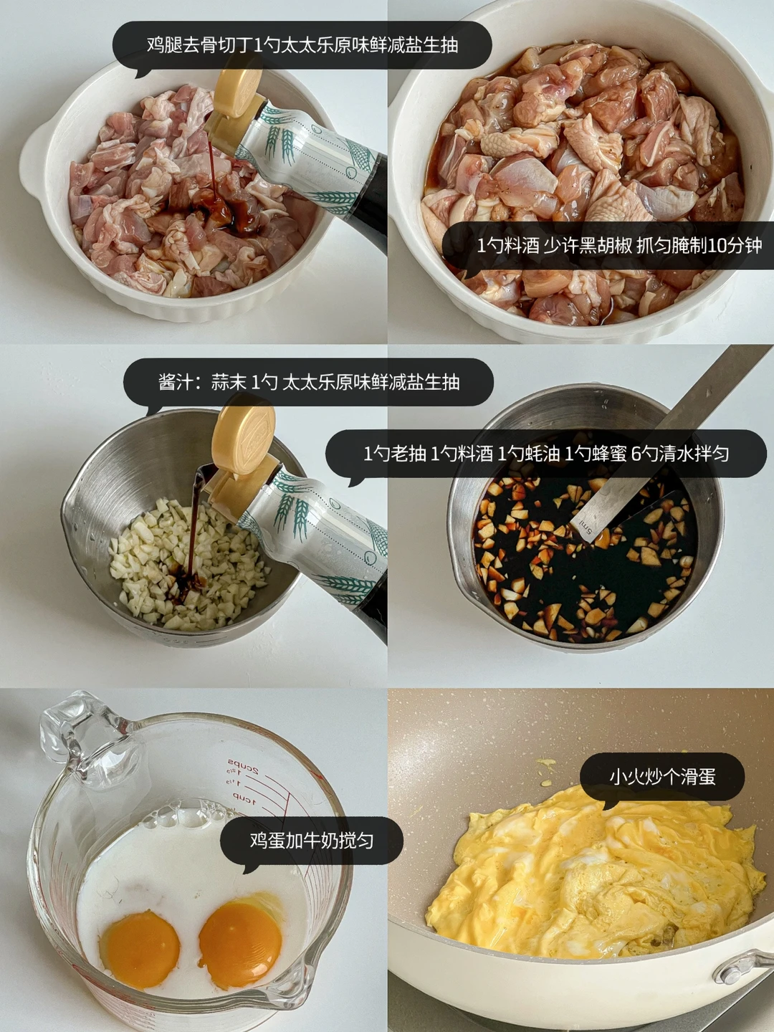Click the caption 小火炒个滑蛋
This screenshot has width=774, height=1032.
click(x=662, y=777)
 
